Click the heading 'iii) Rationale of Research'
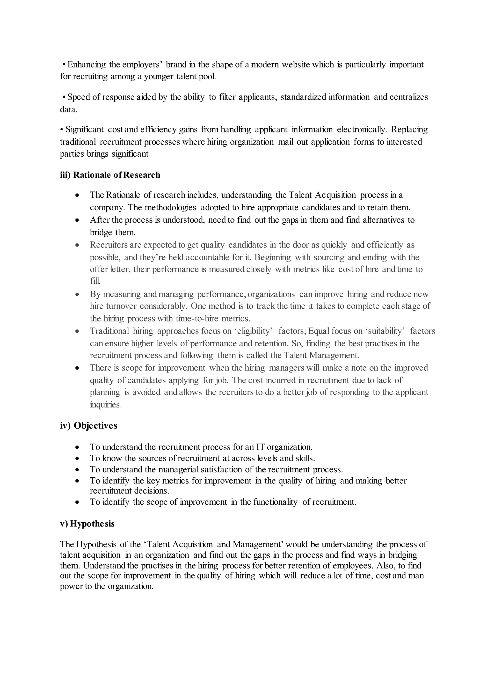coord(110,175)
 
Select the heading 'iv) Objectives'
coord(88,426)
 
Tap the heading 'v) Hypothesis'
coord(87,524)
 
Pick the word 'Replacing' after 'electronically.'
coord(409,130)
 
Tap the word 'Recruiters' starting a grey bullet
coord(109,245)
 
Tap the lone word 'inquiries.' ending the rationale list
coord(106,405)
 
